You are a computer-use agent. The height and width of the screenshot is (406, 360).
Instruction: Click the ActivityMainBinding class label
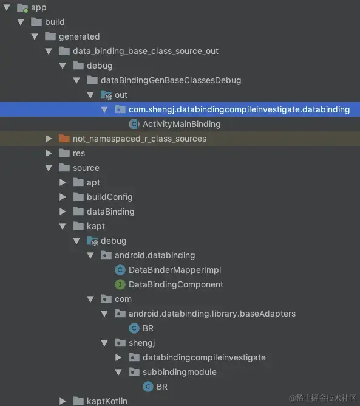[182, 124]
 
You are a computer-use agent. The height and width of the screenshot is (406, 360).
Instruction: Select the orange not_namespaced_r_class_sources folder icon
[64, 139]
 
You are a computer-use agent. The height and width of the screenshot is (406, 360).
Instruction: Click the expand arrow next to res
[49, 153]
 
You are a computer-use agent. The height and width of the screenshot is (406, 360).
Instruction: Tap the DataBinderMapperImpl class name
[175, 270]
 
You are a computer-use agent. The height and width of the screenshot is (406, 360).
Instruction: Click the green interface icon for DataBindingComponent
[120, 284]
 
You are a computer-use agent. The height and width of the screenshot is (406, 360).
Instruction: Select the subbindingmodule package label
[180, 372]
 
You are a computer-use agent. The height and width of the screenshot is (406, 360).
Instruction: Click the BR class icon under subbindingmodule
[148, 387]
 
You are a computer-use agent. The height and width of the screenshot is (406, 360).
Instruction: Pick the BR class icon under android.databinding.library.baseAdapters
[134, 328]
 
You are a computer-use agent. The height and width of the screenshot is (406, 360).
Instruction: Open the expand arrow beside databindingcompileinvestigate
[118, 357]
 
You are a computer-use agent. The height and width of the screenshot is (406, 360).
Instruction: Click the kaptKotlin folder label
[107, 401]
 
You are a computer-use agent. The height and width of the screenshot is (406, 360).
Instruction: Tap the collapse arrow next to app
[7, 7]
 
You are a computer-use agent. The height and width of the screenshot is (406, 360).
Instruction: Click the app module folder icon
[22, 8]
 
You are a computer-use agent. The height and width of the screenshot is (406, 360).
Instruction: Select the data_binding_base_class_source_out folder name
[146, 51]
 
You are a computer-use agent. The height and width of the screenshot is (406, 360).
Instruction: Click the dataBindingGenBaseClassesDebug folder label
[171, 80]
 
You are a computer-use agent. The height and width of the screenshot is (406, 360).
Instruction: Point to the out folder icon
[106, 95]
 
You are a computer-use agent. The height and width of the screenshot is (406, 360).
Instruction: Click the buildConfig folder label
[110, 197]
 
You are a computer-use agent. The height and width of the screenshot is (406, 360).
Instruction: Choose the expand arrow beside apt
[63, 182]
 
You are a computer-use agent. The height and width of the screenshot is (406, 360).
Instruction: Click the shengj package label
[141, 343]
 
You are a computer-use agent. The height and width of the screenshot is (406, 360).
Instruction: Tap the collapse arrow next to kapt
[63, 226]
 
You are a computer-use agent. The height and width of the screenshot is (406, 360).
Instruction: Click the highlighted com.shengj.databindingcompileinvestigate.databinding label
[239, 109]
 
